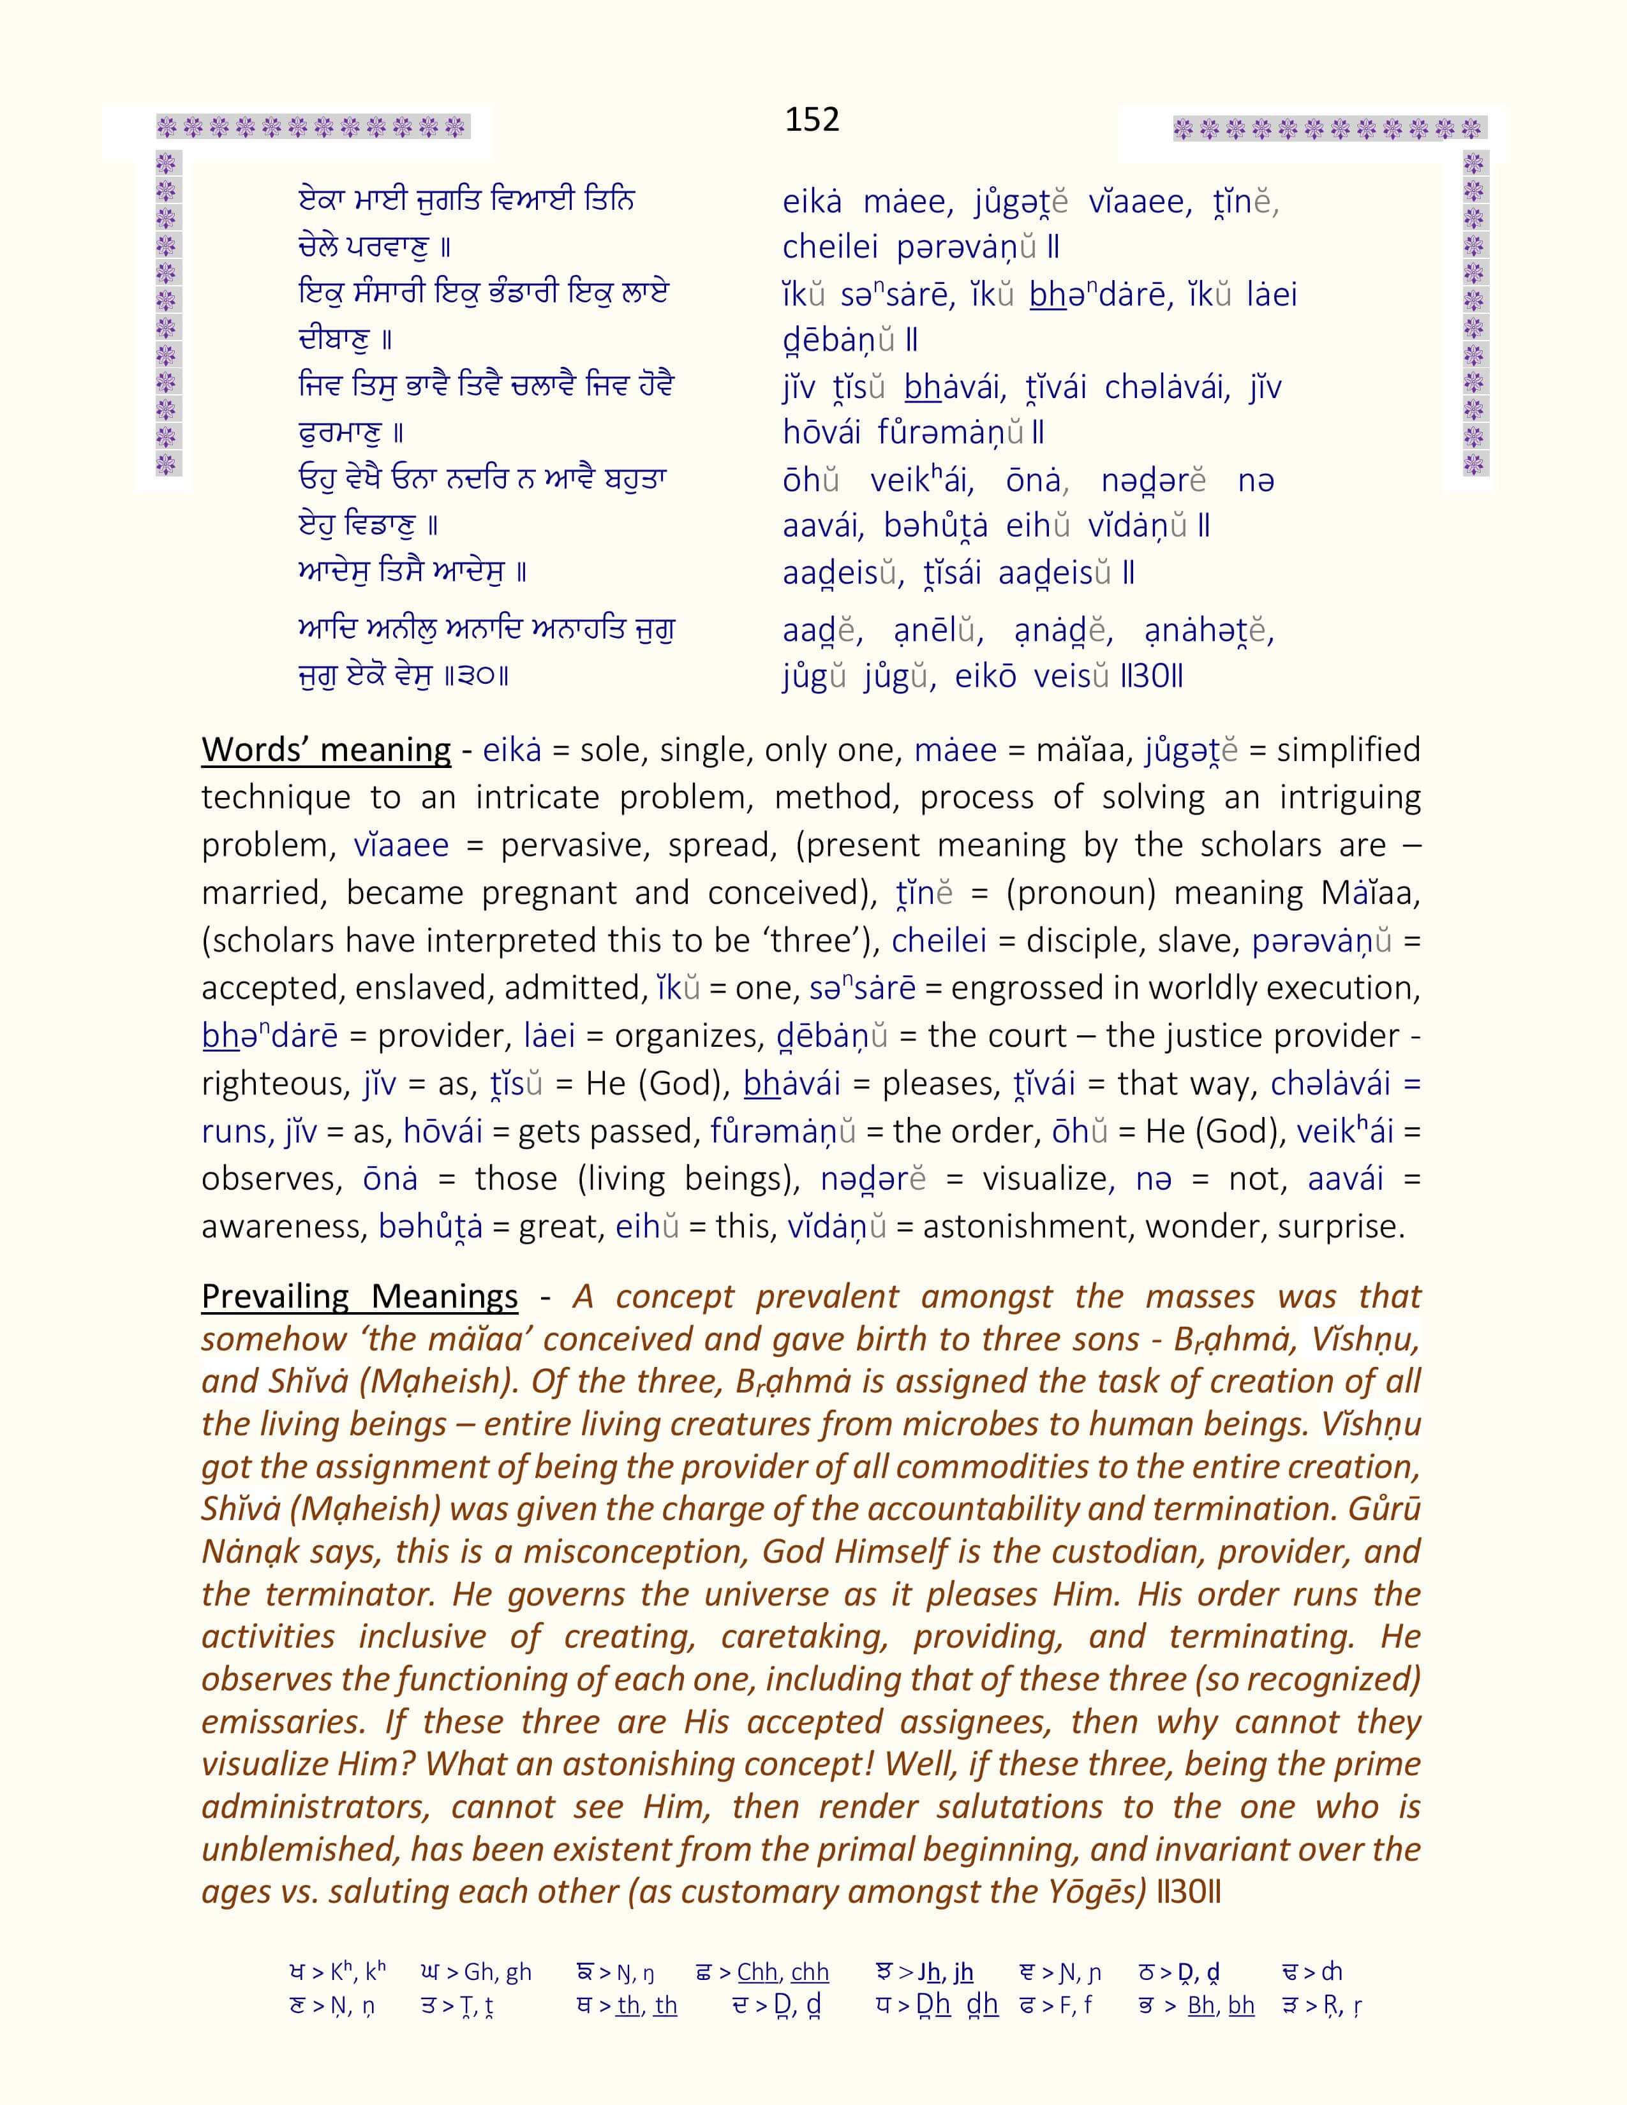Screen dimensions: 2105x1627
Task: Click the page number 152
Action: point(812,119)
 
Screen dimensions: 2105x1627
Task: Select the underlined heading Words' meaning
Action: point(326,750)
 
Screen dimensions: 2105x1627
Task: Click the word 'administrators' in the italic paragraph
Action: point(313,1806)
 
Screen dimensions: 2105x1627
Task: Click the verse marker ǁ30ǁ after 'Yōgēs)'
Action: point(1189,1891)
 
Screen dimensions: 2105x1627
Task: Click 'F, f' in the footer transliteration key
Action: point(1074,2005)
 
